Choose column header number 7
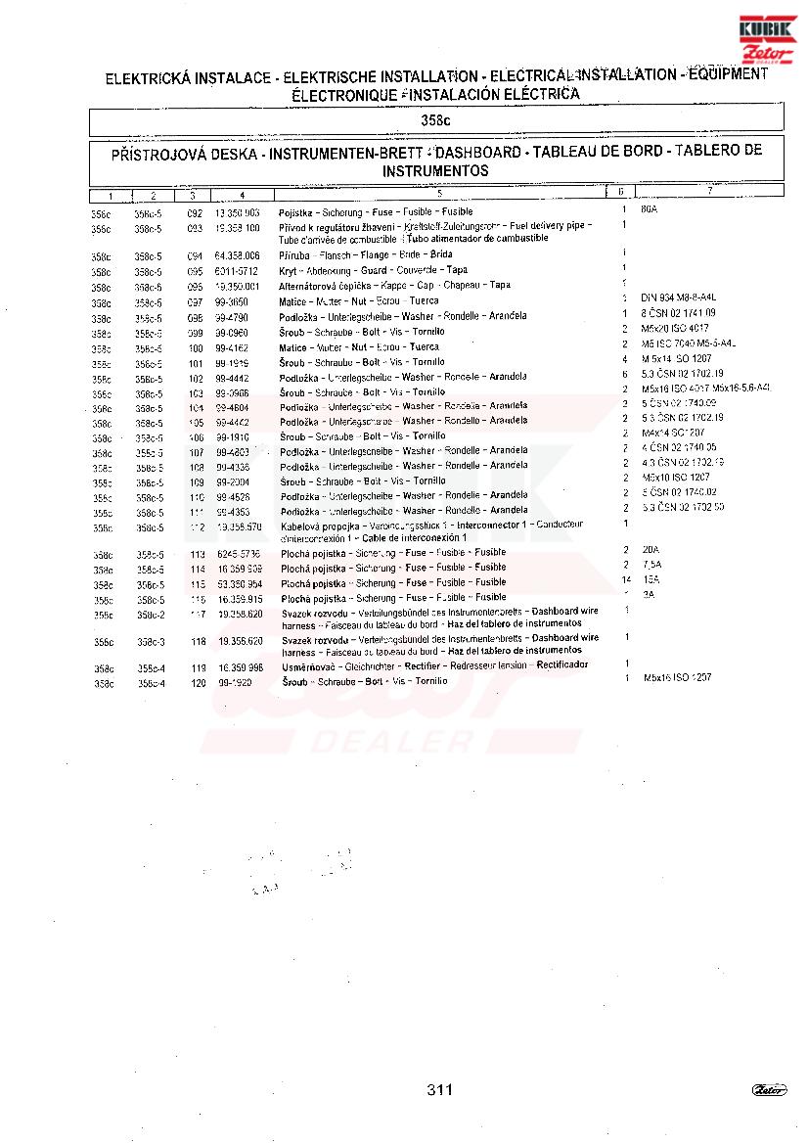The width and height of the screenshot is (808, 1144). (710, 191)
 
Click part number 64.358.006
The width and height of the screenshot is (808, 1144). (237, 255)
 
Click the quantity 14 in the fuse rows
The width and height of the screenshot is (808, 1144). (625, 579)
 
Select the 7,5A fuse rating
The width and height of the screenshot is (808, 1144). (652, 565)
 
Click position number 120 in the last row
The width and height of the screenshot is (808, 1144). (199, 683)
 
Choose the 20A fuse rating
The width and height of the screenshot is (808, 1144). (651, 550)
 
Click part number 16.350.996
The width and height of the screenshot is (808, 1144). (239, 667)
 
